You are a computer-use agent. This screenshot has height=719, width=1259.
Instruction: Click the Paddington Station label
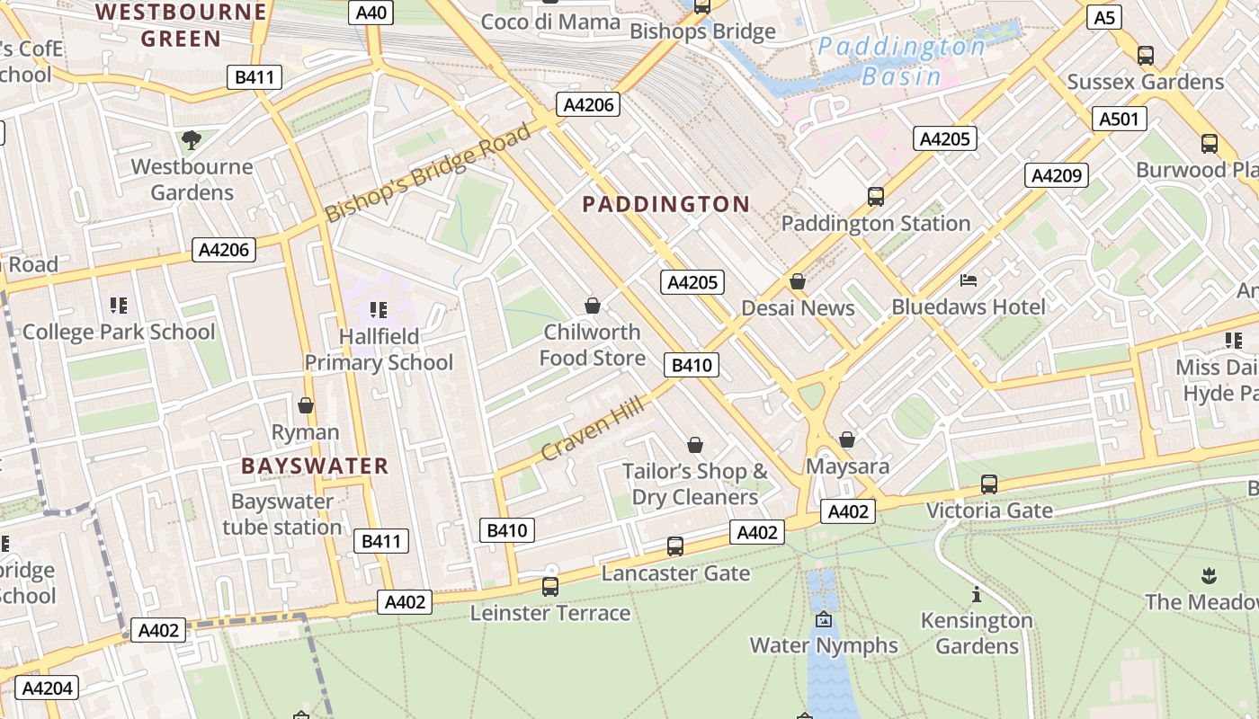coord(875,223)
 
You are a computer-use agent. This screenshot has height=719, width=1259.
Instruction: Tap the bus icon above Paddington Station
coord(875,196)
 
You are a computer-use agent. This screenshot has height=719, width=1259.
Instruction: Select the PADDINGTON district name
coord(665,205)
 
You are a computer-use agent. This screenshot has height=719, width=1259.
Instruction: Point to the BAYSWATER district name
coord(315,466)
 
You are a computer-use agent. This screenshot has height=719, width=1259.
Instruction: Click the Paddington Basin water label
coord(901,61)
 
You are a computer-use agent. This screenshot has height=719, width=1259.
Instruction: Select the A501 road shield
coord(1119,119)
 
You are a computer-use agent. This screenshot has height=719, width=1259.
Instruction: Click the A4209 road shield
coord(1057,175)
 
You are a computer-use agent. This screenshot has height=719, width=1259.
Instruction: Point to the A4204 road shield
coord(48,688)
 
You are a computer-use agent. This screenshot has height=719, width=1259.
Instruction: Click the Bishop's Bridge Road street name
coord(428,173)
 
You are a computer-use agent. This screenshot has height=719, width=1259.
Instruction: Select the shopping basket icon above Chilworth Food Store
coord(592,306)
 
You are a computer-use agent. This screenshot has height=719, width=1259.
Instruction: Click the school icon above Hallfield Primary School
coord(378,310)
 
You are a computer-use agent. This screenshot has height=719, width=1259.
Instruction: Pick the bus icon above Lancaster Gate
coord(674,546)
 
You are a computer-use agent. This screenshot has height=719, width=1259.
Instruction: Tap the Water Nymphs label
coord(824,645)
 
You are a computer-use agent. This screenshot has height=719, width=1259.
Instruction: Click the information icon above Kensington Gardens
coord(976,594)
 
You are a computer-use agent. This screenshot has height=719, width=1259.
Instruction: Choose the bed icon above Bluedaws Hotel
coord(968,280)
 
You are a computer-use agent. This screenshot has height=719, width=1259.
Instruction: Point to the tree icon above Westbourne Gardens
coord(191,139)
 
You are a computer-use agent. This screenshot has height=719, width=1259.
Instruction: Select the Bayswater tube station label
coord(281,514)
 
